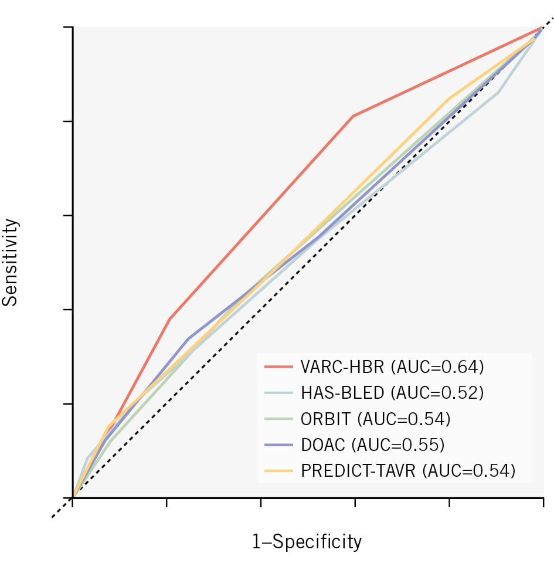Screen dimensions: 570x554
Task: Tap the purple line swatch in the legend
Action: [278, 445]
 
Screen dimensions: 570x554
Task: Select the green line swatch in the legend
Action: [278, 419]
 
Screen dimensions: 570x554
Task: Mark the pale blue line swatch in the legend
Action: [278, 393]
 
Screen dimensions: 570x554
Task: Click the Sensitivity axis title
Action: [11, 262]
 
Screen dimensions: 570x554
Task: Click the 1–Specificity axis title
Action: [307, 542]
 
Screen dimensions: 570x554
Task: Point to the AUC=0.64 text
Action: [440, 368]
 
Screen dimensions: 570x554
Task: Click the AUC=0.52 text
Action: [440, 393]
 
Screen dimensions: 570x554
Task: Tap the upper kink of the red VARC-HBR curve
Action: [353, 116]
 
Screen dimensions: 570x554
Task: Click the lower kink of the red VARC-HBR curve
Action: [169, 319]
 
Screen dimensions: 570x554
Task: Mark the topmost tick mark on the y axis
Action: [68, 27]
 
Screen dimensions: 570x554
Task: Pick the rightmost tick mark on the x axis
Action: [543, 503]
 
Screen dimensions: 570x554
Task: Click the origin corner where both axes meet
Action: [73, 498]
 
